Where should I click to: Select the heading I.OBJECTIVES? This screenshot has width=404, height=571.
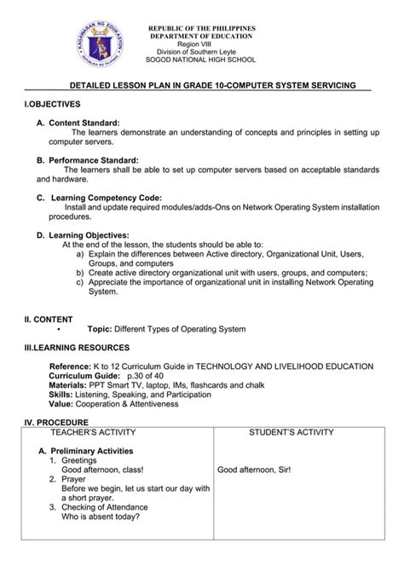point(52,103)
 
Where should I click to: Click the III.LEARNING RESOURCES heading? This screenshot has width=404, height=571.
point(77,348)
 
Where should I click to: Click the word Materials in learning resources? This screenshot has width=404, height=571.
point(69,384)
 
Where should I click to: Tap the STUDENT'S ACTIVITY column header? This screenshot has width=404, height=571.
point(291,433)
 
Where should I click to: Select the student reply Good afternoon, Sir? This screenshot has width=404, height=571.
point(259,469)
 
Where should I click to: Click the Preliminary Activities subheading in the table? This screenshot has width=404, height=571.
point(90,451)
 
